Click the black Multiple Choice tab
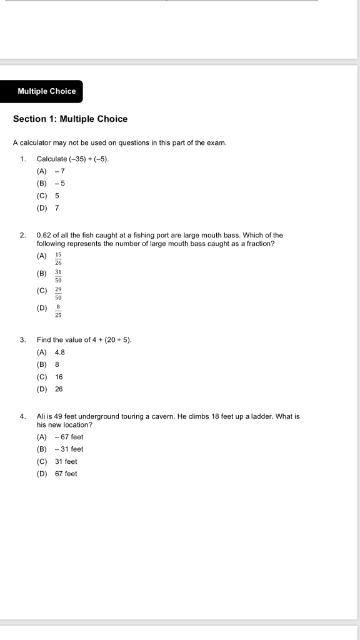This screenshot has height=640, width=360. click(x=46, y=91)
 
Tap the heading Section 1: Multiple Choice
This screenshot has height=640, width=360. click(x=70, y=119)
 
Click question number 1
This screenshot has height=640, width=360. click(x=22, y=159)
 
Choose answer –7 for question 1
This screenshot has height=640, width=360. click(x=60, y=171)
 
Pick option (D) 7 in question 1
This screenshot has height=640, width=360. click(x=57, y=207)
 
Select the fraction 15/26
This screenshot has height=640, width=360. click(x=58, y=259)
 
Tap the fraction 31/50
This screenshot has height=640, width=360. click(x=58, y=276)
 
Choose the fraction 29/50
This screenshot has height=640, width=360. click(x=58, y=294)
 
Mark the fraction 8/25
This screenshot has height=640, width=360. click(x=58, y=311)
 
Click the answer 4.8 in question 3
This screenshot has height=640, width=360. click(x=60, y=352)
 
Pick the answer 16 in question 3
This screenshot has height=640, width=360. click(x=59, y=377)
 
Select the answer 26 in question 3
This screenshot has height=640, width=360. click(x=59, y=389)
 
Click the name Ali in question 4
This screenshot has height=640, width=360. click(x=42, y=416)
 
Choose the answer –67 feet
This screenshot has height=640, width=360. click(x=69, y=437)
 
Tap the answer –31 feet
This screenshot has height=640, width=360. click(x=69, y=449)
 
